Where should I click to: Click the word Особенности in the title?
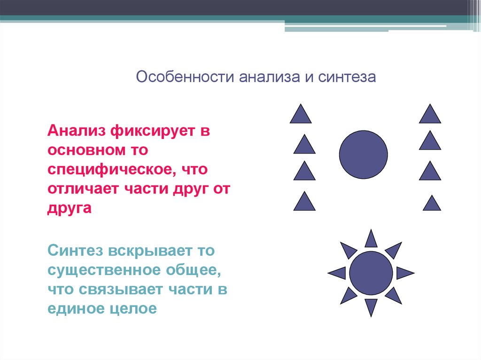tap(185, 77)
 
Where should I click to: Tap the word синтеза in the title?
tap(347, 77)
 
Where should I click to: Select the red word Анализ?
tap(77, 130)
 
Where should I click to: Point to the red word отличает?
tap(83, 189)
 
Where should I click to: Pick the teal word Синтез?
tap(75, 251)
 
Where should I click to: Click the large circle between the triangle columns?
tap(363, 154)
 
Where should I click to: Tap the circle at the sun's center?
tap(371, 273)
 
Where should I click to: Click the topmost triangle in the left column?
tap(301, 114)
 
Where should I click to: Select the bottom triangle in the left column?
tap(304, 201)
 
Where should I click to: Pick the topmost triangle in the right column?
tap(430, 114)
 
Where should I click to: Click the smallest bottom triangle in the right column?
tap(432, 203)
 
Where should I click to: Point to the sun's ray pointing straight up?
tap(371, 239)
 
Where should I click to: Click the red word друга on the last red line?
tap(70, 208)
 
